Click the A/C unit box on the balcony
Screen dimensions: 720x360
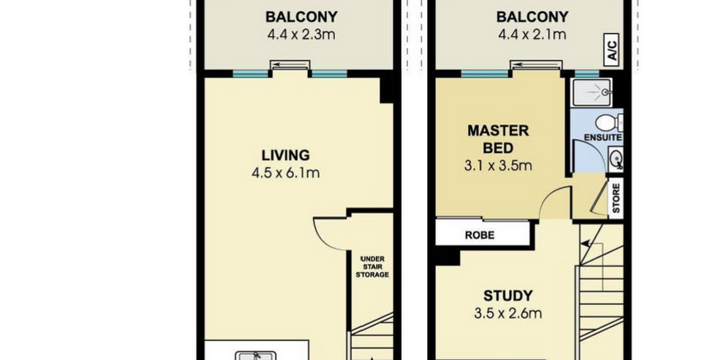tap(612, 50)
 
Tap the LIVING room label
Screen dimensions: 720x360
tap(285, 156)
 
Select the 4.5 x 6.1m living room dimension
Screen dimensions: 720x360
tap(285, 173)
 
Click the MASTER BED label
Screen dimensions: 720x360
tap(498, 139)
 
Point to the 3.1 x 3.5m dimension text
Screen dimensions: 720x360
tap(498, 166)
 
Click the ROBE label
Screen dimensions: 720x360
tap(480, 235)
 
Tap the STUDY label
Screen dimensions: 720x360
tap(508, 296)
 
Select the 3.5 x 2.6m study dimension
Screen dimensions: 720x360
tap(508, 313)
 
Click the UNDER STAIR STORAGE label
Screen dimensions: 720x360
tap(372, 267)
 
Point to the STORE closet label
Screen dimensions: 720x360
tap(616, 198)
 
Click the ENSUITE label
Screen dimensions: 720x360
tap(603, 138)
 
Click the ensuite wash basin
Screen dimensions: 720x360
tap(616, 159)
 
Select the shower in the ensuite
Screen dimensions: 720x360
tap(592, 92)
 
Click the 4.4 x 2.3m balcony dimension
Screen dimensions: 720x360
tap(301, 34)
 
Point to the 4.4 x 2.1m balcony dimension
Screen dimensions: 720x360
tap(532, 34)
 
